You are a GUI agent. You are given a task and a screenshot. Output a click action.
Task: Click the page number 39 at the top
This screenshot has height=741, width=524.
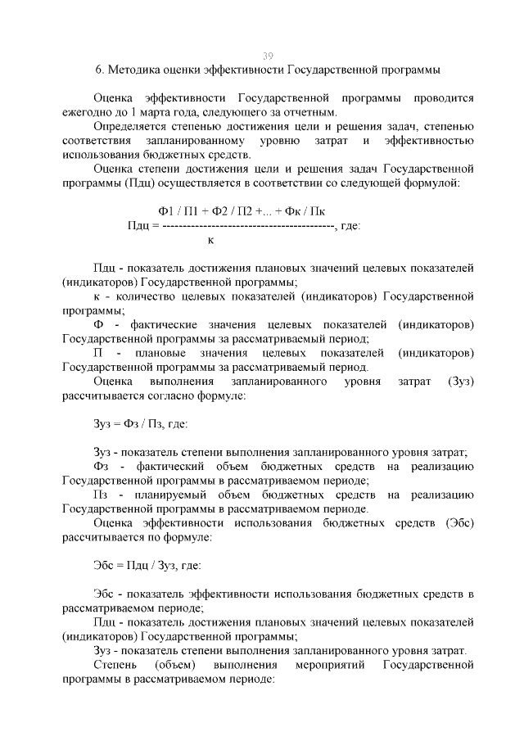pos(268,55)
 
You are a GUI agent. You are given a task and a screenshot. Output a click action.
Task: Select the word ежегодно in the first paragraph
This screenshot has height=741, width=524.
pos(90,111)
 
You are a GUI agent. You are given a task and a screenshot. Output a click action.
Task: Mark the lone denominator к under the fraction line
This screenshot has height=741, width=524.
pos(211,240)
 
